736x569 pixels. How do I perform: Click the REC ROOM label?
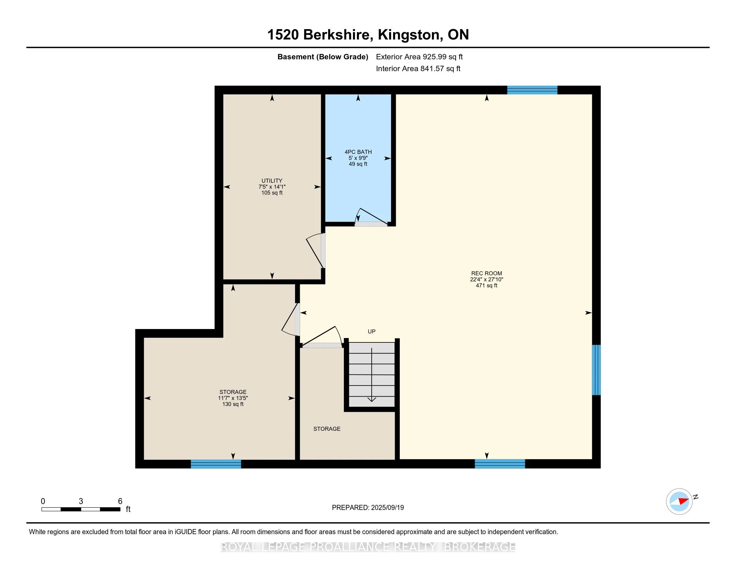[x=486, y=273]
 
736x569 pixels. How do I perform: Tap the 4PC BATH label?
[x=358, y=152]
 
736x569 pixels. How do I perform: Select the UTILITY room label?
[x=272, y=181]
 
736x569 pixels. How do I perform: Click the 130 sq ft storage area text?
[x=233, y=404]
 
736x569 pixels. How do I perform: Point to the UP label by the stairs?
[x=371, y=331]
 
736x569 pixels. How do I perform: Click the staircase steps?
[x=371, y=375]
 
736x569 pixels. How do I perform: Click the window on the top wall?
[x=532, y=90]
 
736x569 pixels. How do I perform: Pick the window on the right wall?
[x=596, y=370]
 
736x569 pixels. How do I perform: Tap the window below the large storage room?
[x=216, y=464]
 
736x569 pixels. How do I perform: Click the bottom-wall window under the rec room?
[x=500, y=464]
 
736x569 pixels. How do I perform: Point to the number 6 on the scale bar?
[x=120, y=501]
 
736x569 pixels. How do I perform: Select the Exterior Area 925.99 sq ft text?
[x=419, y=57]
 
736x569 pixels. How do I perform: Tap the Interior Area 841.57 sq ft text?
[x=418, y=69]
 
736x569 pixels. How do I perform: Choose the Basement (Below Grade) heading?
[x=323, y=57]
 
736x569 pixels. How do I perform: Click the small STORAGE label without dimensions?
[x=327, y=429]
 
